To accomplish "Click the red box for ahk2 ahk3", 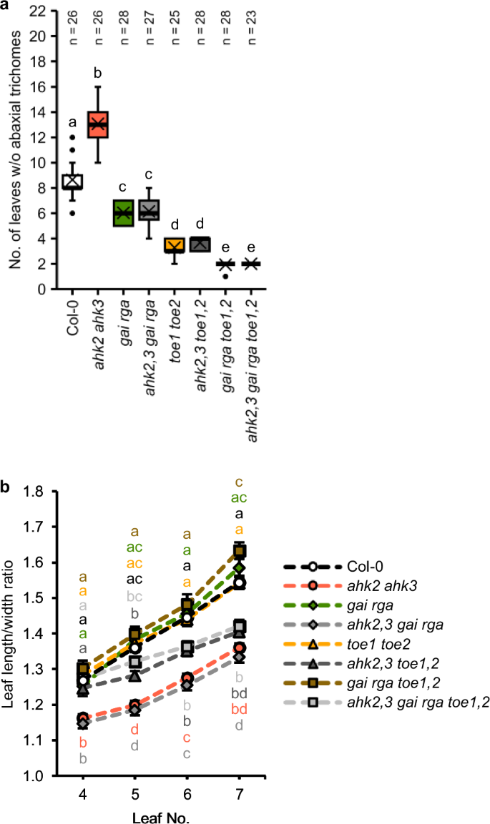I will (x=97, y=124).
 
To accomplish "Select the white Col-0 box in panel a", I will (x=72, y=182).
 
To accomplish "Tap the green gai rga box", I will (x=123, y=213).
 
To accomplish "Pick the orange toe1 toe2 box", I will (x=174, y=245).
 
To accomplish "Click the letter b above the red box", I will (x=98, y=72).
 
